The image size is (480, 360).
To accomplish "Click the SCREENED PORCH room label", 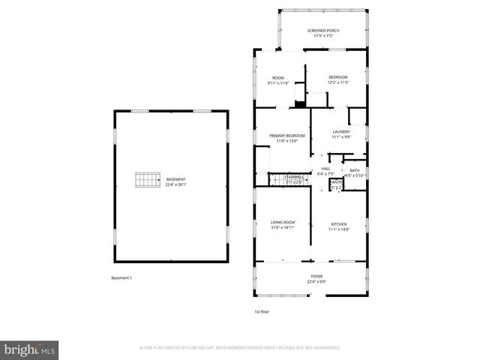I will click(323, 31).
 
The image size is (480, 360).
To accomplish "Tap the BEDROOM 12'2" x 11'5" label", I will click(336, 76).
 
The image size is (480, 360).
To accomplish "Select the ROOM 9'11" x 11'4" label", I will click(278, 78).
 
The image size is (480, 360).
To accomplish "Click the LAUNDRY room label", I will click(341, 132).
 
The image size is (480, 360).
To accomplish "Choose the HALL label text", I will click(325, 169).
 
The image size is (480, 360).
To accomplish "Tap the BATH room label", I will click(354, 170).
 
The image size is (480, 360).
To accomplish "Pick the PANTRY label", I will click(336, 181).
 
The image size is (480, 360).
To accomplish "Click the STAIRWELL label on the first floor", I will click(293, 177).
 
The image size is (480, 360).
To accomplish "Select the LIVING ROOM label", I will click(283, 222).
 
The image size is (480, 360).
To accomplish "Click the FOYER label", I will click(317, 277).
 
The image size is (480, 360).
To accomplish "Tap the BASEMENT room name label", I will click(175, 179).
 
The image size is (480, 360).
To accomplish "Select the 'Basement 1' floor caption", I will click(121, 278).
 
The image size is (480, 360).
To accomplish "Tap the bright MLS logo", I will click(30, 349).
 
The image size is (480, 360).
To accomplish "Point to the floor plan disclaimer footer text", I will click(240, 348).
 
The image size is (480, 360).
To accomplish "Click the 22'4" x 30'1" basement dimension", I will click(175, 184).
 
